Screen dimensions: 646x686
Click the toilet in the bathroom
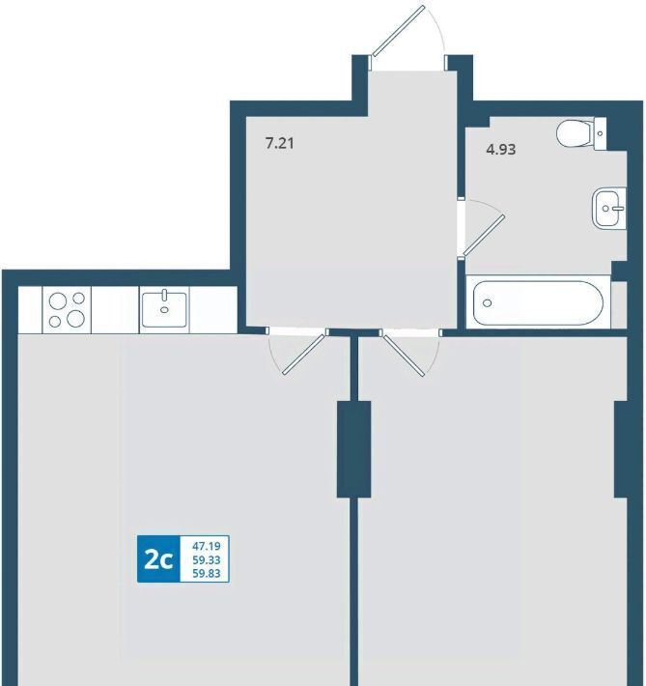click(x=581, y=133)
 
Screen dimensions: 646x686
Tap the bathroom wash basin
click(x=608, y=208)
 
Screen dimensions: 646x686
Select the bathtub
click(x=538, y=302)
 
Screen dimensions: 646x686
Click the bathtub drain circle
click(x=488, y=302)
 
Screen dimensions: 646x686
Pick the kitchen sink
click(x=164, y=309)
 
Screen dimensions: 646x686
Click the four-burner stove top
click(x=67, y=310)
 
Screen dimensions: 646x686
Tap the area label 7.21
click(x=279, y=143)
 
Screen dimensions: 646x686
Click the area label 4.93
click(x=501, y=150)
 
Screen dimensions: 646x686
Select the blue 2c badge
click(x=158, y=558)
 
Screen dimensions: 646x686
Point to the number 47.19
click(x=207, y=546)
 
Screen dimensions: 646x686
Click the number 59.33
click(x=207, y=560)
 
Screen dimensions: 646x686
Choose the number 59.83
click(x=207, y=573)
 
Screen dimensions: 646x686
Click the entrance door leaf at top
click(x=399, y=30)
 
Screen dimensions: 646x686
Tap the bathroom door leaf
click(x=484, y=236)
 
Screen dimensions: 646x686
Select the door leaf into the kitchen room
click(x=305, y=353)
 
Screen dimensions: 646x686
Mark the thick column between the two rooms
click(x=353, y=449)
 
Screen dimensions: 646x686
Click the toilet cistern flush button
click(x=600, y=133)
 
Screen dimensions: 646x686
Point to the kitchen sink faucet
click(x=164, y=296)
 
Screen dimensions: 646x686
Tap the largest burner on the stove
click(x=75, y=318)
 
